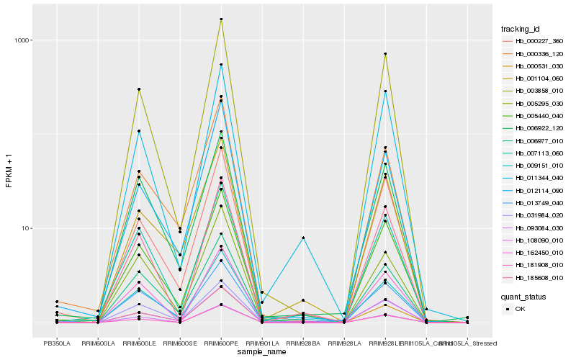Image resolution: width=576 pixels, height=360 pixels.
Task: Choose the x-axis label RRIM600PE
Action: [x=221, y=343]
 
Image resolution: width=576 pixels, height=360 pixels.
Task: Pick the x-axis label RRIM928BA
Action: [x=303, y=343]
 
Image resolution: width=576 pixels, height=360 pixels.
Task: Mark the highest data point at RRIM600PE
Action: [x=221, y=19]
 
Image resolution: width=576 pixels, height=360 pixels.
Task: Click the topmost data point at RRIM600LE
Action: [x=139, y=89]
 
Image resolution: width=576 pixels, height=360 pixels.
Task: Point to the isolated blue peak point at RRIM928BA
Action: [x=303, y=238]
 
